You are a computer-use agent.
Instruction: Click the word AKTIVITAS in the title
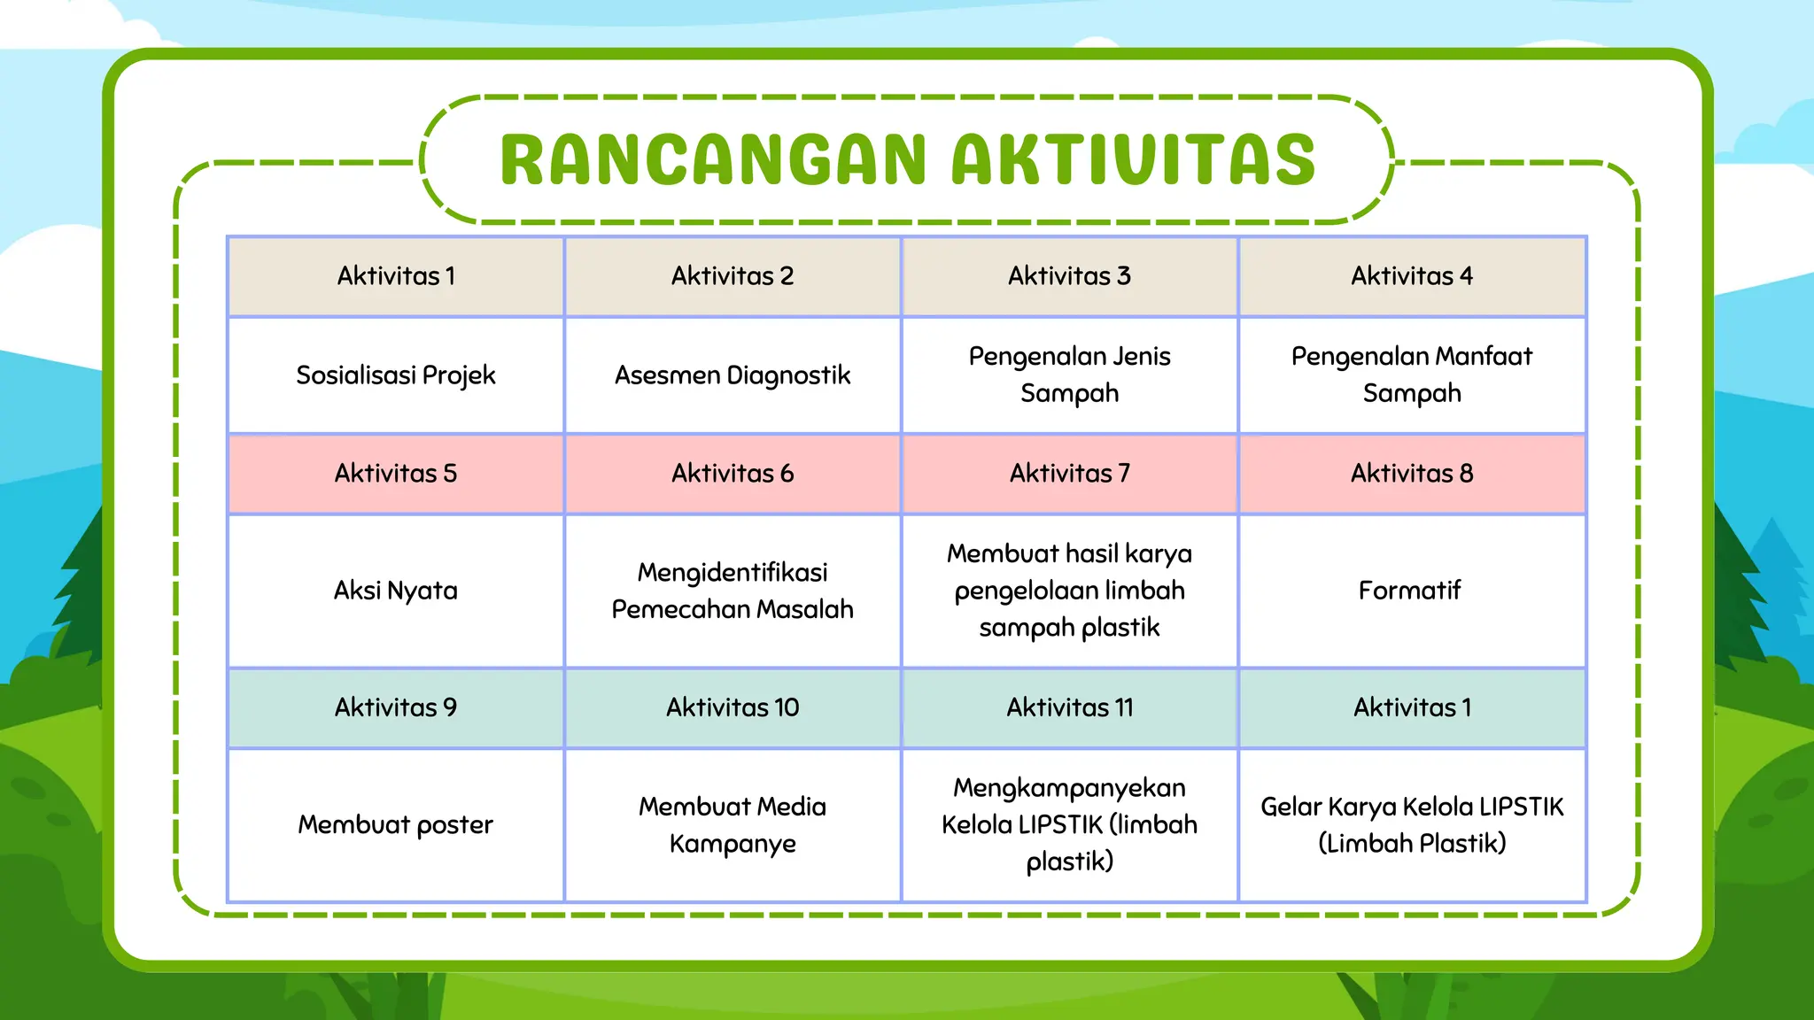[1134, 160]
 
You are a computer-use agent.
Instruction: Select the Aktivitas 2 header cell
[733, 276]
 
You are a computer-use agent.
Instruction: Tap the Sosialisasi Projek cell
[396, 375]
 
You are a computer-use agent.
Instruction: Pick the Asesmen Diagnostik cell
[733, 375]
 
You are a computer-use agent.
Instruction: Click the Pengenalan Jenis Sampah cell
[1069, 375]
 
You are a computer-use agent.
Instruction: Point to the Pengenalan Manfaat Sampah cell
[1412, 375]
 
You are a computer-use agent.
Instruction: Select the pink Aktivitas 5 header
[396, 474]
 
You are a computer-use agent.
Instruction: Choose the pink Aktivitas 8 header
[1412, 474]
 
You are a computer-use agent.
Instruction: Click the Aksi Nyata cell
[396, 591]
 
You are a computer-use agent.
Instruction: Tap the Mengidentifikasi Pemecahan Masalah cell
[733, 591]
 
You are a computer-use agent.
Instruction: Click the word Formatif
[1409, 591]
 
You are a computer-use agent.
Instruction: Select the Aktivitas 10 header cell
[733, 707]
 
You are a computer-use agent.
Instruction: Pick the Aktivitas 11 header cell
[1069, 707]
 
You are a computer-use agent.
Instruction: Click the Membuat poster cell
[396, 825]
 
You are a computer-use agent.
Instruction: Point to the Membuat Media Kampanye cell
[733, 824]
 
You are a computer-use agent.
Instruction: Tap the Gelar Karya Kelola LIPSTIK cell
[1412, 824]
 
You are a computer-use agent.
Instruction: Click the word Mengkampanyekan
[1069, 788]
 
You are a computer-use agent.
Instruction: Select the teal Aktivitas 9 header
[396, 707]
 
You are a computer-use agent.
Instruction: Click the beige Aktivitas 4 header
[1412, 276]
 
